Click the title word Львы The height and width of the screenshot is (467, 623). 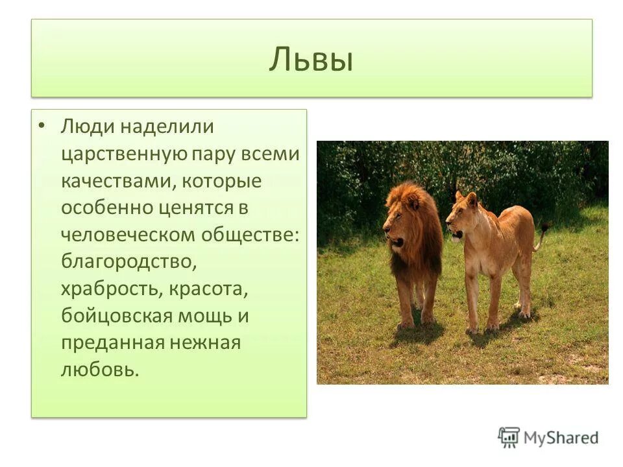(311, 60)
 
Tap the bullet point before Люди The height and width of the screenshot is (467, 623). (42, 125)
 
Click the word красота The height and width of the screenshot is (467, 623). (209, 290)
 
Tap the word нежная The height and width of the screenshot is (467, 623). (205, 344)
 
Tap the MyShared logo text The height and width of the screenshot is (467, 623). (561, 438)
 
